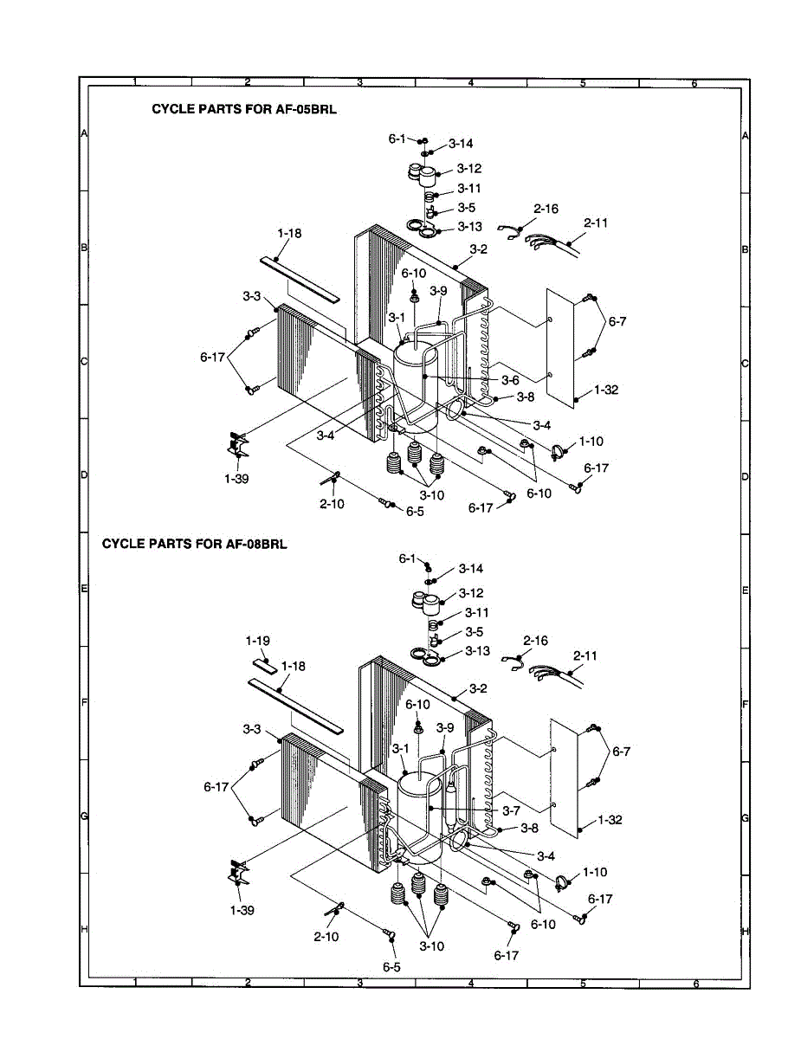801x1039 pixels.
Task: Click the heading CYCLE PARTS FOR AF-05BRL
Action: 244,110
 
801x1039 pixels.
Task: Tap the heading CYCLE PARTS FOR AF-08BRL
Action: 194,544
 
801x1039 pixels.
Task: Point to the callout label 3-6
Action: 510,380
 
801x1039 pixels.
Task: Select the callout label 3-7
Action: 510,810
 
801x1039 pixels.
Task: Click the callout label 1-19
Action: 257,641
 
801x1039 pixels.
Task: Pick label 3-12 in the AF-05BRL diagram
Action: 469,169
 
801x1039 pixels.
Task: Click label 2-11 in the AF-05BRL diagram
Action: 595,223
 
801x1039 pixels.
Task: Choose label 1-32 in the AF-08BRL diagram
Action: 610,819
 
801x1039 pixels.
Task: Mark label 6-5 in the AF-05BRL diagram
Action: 416,512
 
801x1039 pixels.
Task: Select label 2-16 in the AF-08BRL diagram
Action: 534,642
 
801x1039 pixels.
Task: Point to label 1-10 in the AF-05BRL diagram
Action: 591,441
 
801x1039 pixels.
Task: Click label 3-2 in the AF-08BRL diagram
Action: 478,688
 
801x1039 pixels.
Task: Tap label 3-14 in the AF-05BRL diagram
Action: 461,144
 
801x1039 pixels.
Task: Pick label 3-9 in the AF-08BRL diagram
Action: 446,727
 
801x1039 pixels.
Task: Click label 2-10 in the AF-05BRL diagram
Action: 332,503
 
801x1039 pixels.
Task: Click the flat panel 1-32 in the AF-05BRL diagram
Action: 562,346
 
